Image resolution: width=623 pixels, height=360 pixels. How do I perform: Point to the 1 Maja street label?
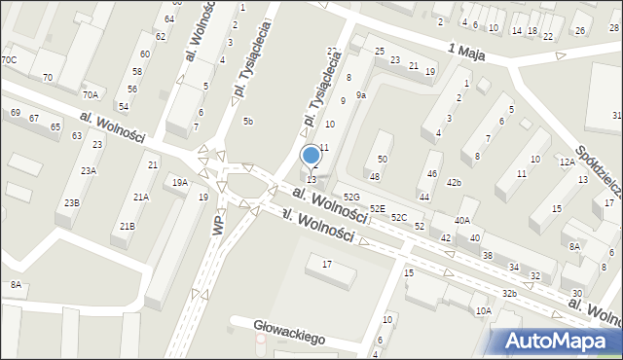coord(467,49)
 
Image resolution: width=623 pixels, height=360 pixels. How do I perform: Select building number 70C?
coord(9,60)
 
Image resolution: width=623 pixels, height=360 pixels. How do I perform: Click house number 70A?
coord(91,94)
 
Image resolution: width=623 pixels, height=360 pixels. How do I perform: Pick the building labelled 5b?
coord(248,122)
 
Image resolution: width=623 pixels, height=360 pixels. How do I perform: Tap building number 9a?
coord(360,95)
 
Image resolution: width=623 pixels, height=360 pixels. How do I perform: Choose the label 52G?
coord(351,198)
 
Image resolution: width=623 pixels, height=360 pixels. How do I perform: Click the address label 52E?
coord(377,209)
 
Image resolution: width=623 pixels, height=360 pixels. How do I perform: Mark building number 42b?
coord(454,183)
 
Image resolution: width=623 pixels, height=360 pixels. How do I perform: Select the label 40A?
coord(462,221)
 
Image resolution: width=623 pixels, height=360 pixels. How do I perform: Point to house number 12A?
coord(567,162)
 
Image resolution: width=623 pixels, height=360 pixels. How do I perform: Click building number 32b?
coord(509,293)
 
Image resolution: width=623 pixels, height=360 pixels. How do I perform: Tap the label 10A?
coord(483,311)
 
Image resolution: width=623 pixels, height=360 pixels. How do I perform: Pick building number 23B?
coord(72,202)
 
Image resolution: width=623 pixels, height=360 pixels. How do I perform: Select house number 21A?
coord(141,198)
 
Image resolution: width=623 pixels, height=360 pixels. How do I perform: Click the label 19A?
coord(180,182)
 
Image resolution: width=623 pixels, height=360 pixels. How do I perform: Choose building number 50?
coord(383,159)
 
